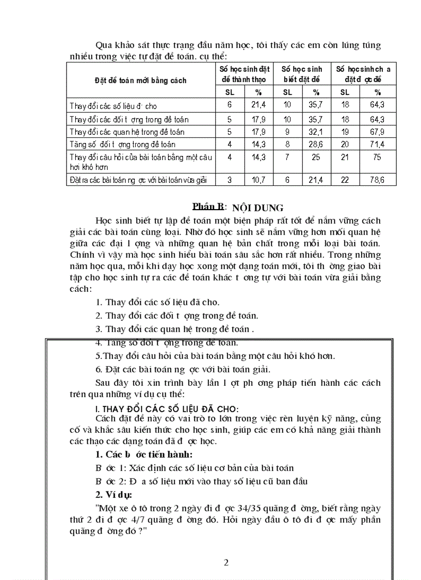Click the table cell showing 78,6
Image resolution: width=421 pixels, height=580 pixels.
click(378, 180)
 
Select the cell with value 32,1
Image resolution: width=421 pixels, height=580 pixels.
click(316, 131)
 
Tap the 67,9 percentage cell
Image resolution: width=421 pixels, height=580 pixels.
click(378, 131)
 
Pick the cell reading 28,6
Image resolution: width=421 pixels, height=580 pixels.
click(316, 144)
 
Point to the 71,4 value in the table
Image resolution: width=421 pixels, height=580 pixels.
click(378, 144)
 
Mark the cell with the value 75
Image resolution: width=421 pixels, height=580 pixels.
click(378, 157)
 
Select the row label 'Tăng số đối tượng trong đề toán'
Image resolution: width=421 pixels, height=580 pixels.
click(123, 145)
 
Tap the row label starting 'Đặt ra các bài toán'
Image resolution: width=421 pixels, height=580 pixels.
click(138, 180)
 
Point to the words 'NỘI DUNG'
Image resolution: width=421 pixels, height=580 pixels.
click(258, 208)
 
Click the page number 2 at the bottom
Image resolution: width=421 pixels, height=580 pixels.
click(226, 562)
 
